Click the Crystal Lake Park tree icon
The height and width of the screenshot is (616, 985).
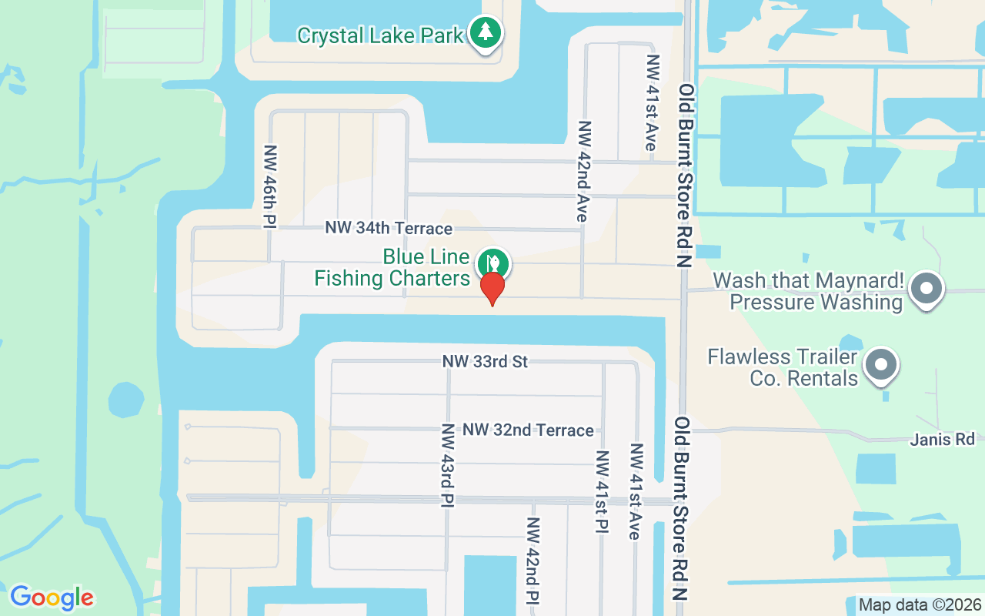click(485, 32)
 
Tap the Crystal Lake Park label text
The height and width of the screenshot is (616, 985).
click(380, 35)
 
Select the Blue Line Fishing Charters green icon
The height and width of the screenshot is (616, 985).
click(492, 264)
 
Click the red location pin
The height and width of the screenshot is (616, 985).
click(492, 289)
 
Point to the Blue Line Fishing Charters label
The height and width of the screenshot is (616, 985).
click(392, 267)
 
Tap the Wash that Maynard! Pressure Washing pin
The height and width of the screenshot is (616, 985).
click(927, 290)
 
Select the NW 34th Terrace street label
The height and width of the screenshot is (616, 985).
click(389, 229)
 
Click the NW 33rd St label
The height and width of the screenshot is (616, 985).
click(485, 361)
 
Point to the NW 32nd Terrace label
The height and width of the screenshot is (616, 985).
click(528, 430)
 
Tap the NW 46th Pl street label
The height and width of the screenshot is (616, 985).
click(270, 186)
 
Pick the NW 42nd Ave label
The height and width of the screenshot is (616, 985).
click(583, 171)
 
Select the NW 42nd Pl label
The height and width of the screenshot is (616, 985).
click(532, 559)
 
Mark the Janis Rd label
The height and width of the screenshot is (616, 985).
click(942, 439)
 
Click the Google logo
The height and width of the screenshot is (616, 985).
click(52, 598)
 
